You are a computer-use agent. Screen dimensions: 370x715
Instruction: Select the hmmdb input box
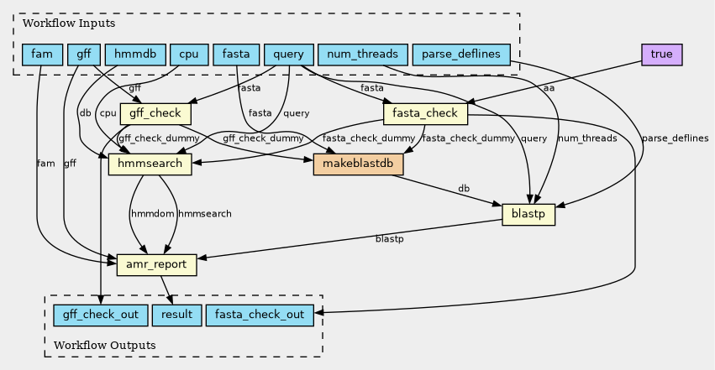pos(135,55)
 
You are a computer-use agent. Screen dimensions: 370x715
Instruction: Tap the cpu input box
pos(188,55)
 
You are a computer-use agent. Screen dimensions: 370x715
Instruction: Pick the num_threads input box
pos(362,55)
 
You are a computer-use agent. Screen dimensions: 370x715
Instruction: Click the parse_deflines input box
pos(461,55)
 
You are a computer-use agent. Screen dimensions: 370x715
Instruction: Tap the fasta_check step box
pos(425,113)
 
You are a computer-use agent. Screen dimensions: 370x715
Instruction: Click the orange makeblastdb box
pos(359,164)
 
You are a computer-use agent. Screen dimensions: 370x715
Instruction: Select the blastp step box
pos(528,215)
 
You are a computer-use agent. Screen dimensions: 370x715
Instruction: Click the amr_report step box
pos(157,265)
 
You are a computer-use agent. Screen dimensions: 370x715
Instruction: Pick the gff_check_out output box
pos(101,315)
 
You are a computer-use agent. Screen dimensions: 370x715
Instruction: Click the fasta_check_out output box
pos(260,315)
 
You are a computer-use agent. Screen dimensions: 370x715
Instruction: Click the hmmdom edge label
pos(151,214)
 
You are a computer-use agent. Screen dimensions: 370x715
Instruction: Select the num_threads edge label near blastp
pos(587,138)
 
